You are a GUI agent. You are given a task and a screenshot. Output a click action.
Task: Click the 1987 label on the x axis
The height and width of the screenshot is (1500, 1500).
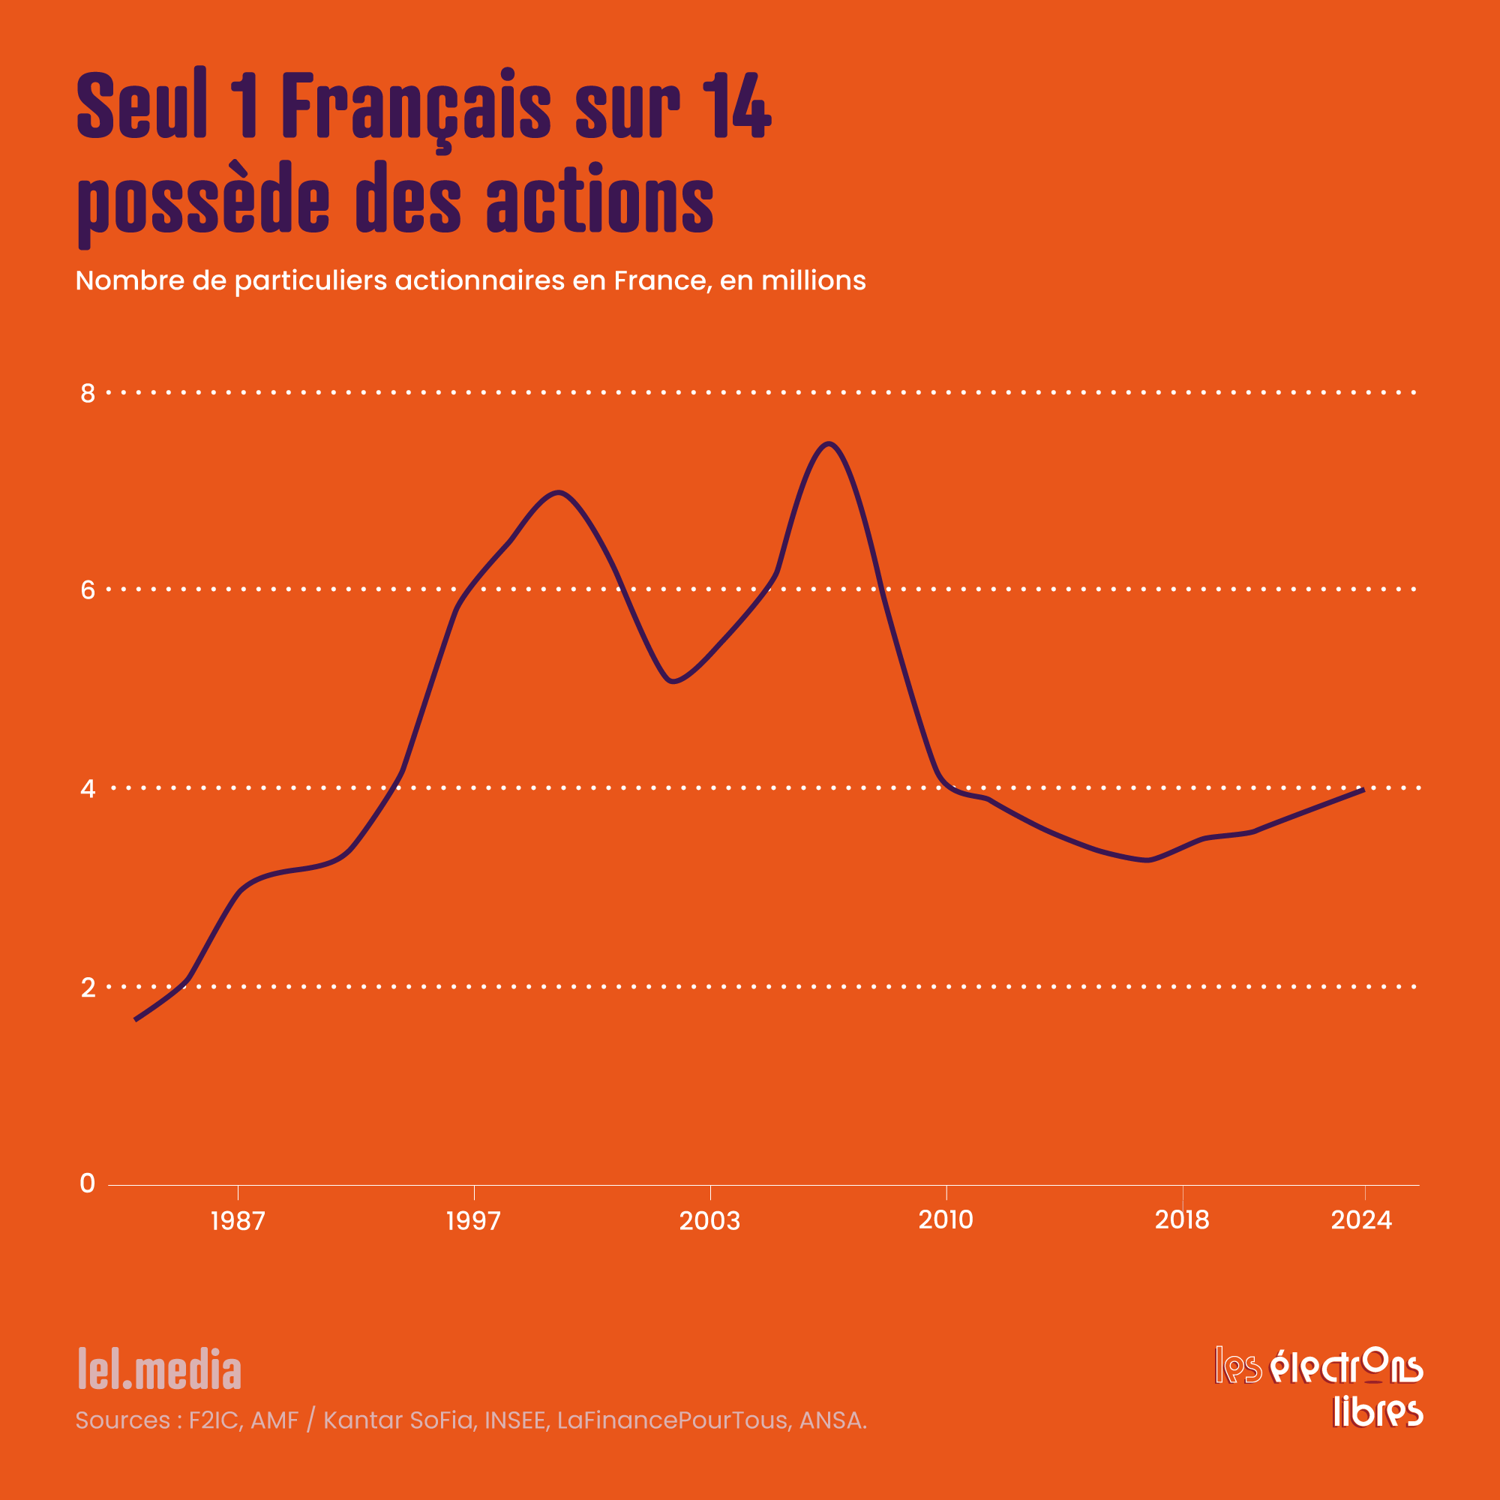pos(238,1221)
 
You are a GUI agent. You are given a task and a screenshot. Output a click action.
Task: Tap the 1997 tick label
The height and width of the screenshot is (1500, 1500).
pos(473,1221)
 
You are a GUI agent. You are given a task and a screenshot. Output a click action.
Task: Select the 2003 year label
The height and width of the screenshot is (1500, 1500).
pos(709,1221)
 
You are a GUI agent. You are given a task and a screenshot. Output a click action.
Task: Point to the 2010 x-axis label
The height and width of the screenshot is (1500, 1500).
pos(946,1219)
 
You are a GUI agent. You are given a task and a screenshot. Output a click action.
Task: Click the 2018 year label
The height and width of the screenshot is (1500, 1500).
pos(1182,1219)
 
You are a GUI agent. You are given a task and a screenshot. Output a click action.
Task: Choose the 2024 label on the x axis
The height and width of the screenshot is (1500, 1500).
pos(1362,1219)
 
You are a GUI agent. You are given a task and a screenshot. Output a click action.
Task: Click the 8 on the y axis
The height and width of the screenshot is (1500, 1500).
pos(88,394)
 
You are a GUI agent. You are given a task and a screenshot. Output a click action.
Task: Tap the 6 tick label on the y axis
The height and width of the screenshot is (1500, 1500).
pos(88,590)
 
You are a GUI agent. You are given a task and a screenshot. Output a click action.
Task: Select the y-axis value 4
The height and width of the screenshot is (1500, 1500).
pos(88,789)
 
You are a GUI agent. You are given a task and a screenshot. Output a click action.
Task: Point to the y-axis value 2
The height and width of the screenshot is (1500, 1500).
pos(88,988)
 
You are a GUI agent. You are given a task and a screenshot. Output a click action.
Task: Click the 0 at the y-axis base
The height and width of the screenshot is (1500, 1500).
pos(88,1183)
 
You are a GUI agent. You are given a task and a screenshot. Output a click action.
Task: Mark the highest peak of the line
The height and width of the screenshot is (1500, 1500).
pos(829,444)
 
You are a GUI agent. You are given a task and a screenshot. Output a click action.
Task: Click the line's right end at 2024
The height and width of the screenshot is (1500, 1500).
pos(1363,790)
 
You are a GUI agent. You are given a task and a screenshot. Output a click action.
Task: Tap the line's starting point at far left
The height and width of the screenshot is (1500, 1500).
pos(136,1019)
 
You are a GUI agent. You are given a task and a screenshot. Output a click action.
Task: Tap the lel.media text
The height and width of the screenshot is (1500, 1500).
pos(159,1369)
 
